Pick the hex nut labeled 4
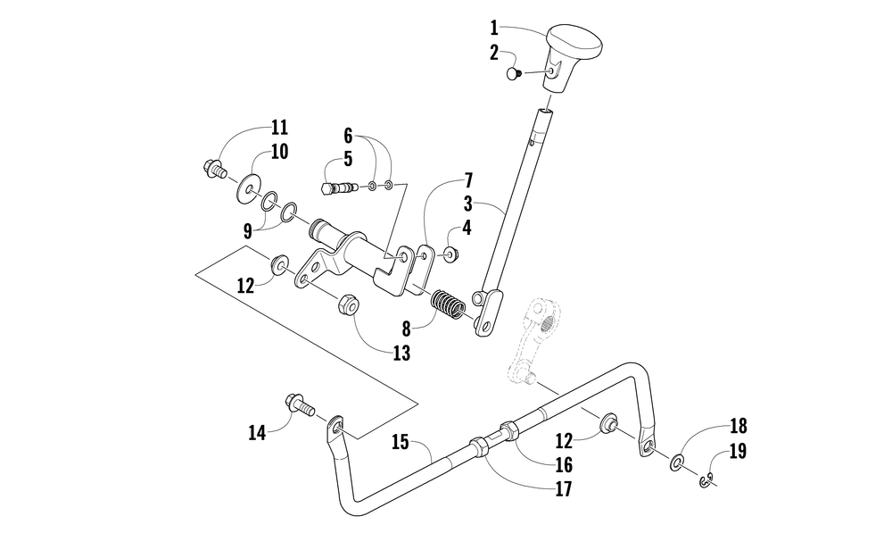450,255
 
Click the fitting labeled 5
334,188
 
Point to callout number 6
348,136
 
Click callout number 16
563,465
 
